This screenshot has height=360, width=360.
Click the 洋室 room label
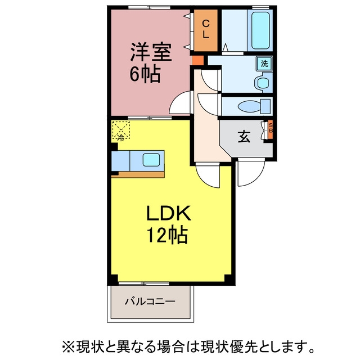coord(151,52)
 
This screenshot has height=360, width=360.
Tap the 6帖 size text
coord(145,74)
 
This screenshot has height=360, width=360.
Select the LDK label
coord(169,213)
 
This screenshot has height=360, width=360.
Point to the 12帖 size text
coord(168,235)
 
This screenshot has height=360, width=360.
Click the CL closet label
coord(205,29)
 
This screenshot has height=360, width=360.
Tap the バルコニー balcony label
coord(150,301)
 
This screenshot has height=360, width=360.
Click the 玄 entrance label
coord(244,137)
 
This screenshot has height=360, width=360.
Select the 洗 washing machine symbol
coord(264,64)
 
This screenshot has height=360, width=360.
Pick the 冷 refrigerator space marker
coord(121,130)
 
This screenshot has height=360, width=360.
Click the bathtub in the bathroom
coord(260,30)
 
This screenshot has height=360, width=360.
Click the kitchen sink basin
coord(151,160)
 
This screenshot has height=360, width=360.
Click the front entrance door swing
coord(251,172)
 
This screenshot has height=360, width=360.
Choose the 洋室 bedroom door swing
coord(179,102)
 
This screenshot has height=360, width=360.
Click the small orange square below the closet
coord(198,60)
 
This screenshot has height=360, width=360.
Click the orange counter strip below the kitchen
coord(138,174)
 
